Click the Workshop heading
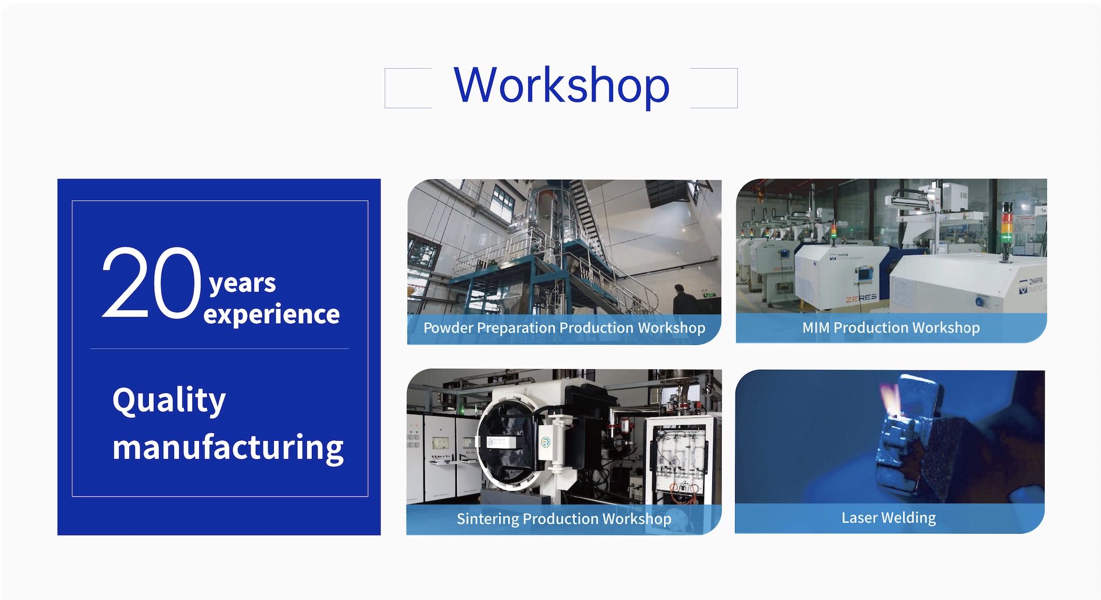[562, 86]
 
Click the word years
[243, 283]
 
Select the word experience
[272, 315]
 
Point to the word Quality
[169, 401]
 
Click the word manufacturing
[228, 448]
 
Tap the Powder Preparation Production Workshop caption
[564, 328]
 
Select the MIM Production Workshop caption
[891, 328]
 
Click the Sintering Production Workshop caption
[564, 519]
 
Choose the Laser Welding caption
[889, 518]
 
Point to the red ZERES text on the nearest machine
[861, 298]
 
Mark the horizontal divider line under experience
[220, 349]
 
